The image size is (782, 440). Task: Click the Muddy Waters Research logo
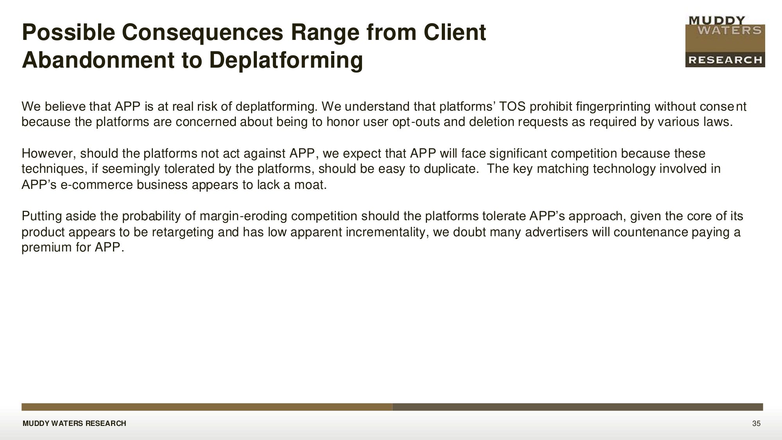tap(725, 41)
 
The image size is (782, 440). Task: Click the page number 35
tap(756, 424)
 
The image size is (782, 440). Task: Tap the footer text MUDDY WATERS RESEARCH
tap(74, 424)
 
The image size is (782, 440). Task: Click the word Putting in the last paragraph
tap(41, 216)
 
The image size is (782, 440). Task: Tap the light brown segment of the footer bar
tap(207, 407)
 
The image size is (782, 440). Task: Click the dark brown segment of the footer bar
tap(578, 407)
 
